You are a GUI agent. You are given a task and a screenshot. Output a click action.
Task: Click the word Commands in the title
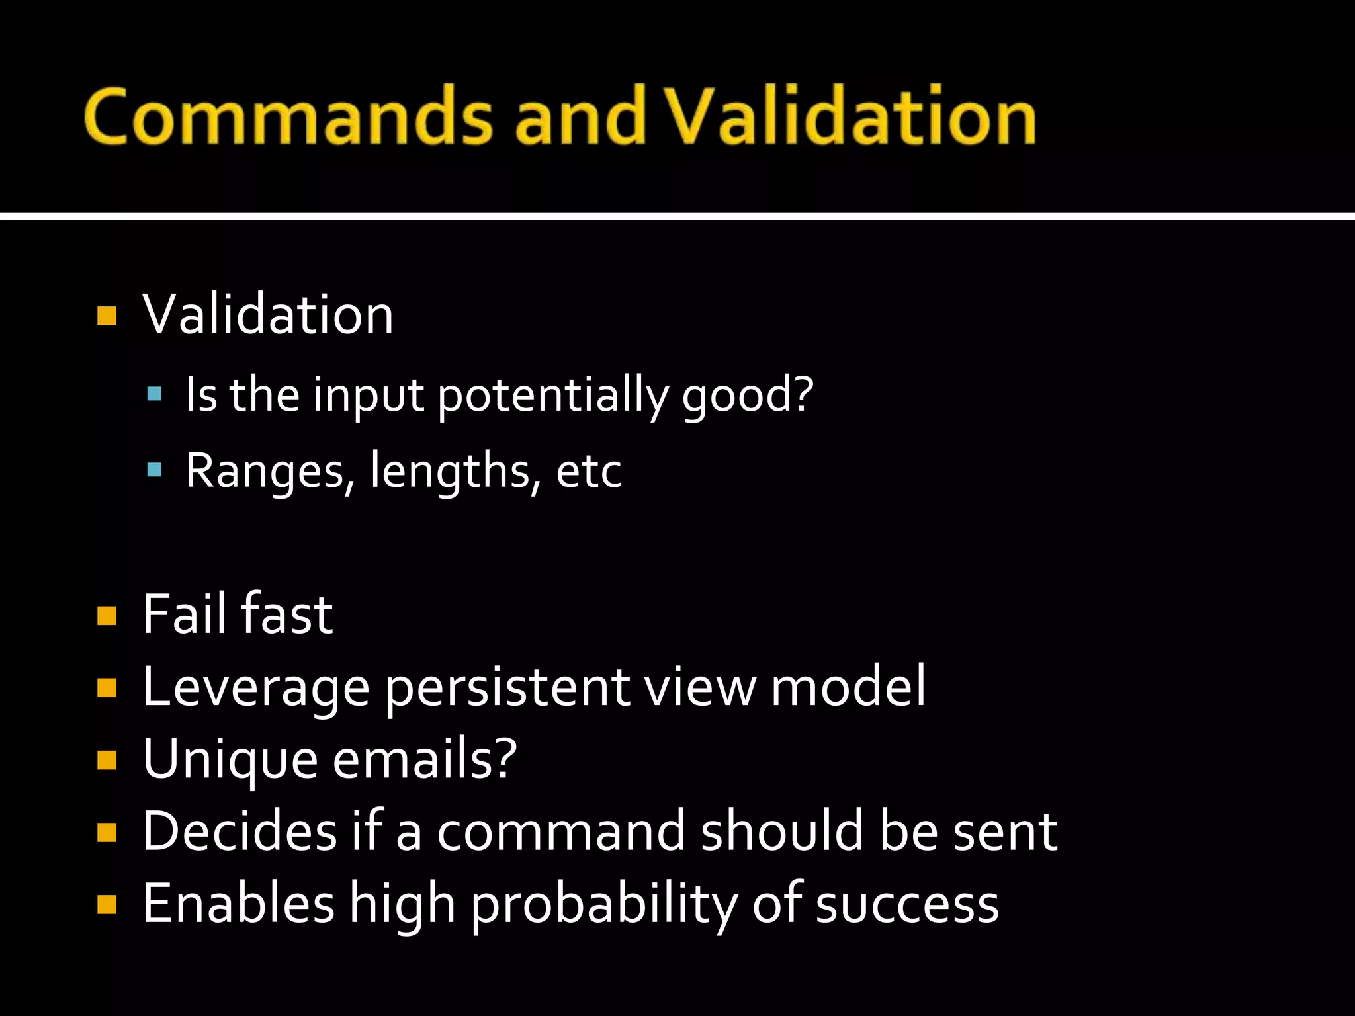pos(288,116)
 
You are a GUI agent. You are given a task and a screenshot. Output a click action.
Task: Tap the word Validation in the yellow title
pos(850,116)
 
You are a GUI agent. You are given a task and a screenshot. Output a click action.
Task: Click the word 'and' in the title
pos(580,116)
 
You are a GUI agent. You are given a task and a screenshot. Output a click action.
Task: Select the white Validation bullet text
pos(268,315)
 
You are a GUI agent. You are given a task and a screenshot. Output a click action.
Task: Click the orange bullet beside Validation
pos(107,316)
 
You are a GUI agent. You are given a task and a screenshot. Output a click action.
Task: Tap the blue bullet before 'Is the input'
pos(154,395)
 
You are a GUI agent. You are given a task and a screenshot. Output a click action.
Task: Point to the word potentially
pos(552,396)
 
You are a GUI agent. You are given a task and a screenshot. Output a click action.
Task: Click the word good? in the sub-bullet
pos(748,396)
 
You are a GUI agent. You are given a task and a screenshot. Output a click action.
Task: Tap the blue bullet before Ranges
pos(154,470)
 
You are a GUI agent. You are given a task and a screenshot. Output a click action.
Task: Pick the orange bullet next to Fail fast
pos(107,616)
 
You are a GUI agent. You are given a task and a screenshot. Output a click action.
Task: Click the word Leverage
pos(255,688)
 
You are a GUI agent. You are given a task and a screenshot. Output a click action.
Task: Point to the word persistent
pos(507,688)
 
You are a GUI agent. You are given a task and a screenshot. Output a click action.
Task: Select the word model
pos(848,688)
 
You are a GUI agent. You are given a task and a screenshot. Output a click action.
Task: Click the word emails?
pos(424,759)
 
